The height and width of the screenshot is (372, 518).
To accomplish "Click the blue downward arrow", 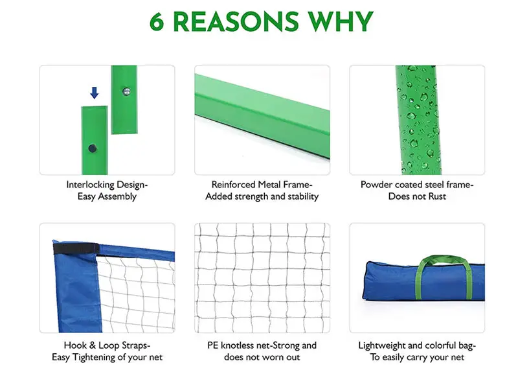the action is pos(95,93).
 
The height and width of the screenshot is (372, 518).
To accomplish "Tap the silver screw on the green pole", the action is pos(126,91).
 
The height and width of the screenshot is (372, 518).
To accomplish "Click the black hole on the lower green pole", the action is pos(93,148).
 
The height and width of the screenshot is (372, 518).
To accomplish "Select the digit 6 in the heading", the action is pos(157,22).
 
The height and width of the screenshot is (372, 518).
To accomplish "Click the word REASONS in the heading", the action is pos(236,22).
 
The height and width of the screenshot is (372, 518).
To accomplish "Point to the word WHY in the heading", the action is pos(341,22).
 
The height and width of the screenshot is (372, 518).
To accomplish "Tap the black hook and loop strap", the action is pos(76,248).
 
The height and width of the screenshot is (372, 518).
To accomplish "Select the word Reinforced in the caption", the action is pos(234,185).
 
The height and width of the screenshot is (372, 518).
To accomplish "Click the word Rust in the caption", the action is pos(437,196).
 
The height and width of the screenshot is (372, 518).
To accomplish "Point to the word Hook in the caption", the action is pos(75,345).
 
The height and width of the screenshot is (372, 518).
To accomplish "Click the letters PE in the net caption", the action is pos(213,345).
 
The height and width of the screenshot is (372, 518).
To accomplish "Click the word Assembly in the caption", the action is pos(117,196).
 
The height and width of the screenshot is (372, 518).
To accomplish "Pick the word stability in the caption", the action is pos(303,196).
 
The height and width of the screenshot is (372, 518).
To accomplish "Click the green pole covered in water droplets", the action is pos(418,120).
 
